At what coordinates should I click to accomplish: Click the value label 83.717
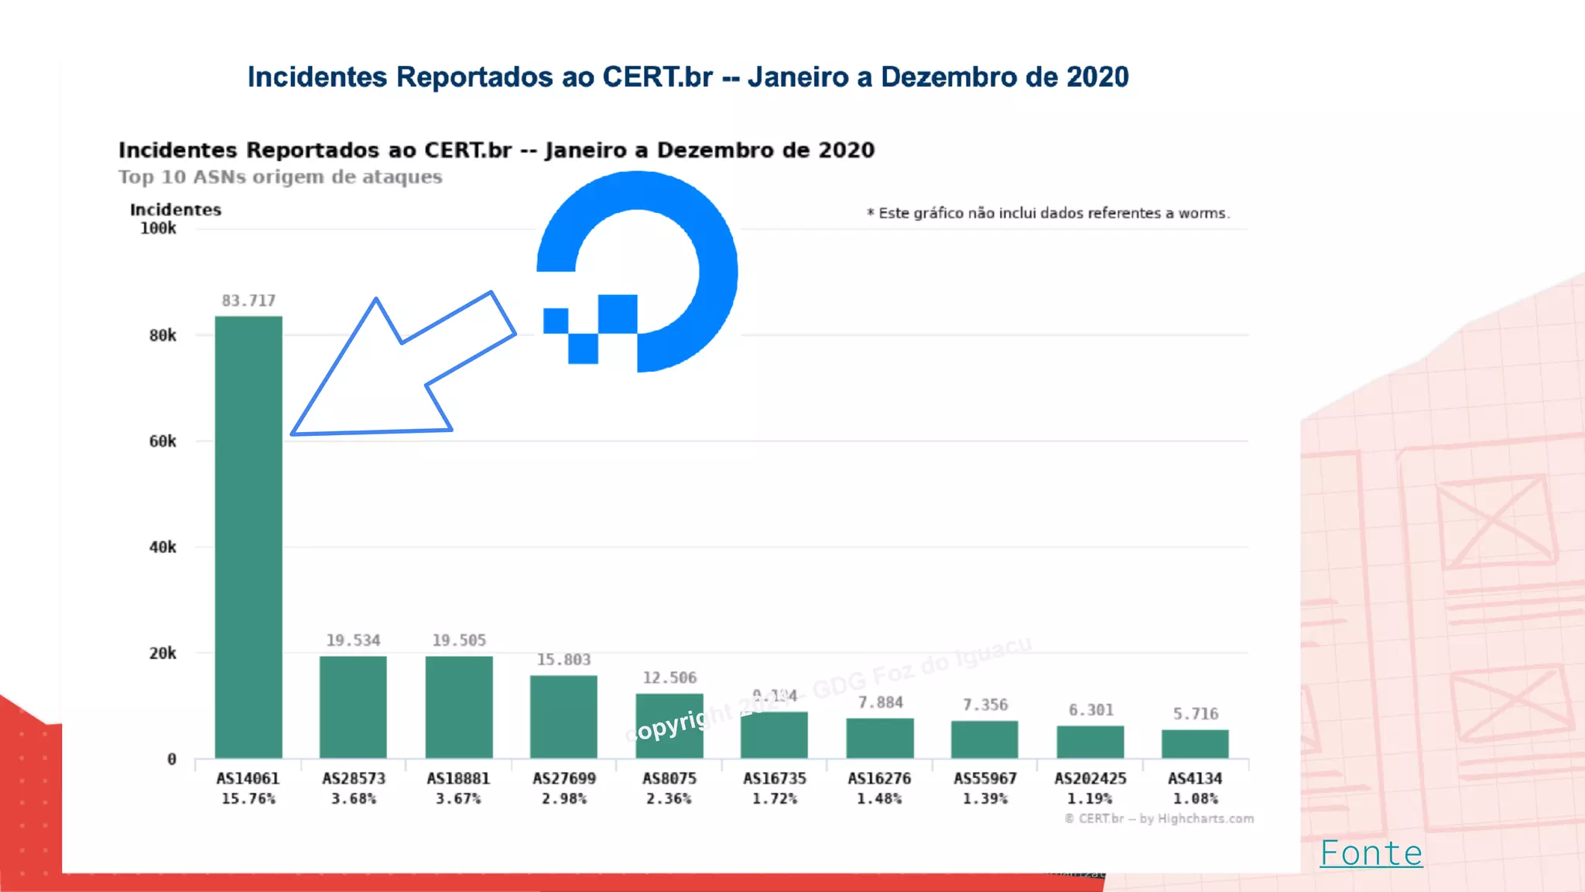tap(248, 300)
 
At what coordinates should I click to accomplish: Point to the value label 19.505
tap(459, 640)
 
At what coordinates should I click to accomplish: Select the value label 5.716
tap(1195, 714)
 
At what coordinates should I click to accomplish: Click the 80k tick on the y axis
tap(163, 335)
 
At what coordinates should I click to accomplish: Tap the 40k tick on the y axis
tap(163, 547)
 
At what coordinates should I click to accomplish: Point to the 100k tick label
tap(158, 228)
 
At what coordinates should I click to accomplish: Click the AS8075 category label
tap(669, 778)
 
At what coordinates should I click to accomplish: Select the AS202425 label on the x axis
tap(1090, 778)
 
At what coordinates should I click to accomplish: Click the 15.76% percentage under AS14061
tap(248, 798)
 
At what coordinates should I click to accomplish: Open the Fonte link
tap(1371, 853)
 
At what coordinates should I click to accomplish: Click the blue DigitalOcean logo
tap(638, 272)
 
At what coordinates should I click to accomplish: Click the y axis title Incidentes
tap(176, 210)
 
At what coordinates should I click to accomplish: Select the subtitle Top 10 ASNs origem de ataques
tap(280, 177)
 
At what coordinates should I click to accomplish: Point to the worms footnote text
tap(1048, 213)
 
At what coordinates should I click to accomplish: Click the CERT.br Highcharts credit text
tap(1159, 818)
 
